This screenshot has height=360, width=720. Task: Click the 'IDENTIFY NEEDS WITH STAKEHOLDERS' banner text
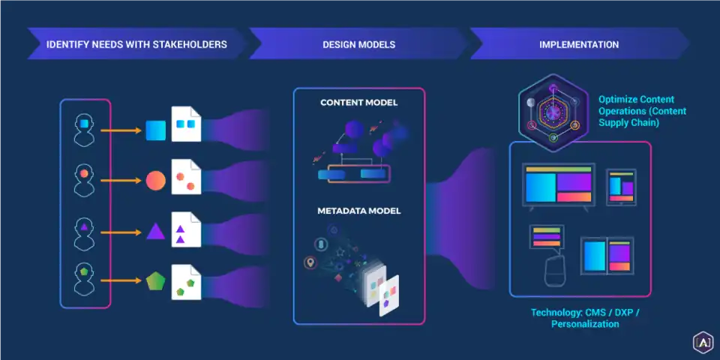click(x=136, y=44)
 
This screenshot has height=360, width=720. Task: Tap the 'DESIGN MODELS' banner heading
click(x=358, y=44)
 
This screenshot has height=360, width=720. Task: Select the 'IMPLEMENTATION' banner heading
click(x=579, y=44)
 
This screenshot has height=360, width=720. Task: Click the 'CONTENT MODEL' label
click(x=358, y=103)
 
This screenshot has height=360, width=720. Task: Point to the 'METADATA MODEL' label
click(x=358, y=211)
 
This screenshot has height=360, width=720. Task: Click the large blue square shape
click(x=155, y=130)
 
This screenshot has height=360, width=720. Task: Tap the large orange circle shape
click(x=155, y=181)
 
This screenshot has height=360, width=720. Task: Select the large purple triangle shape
click(x=155, y=231)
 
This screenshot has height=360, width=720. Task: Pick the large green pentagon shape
click(x=155, y=281)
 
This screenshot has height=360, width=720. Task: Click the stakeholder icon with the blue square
click(x=85, y=129)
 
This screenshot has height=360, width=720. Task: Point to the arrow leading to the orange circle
click(x=121, y=181)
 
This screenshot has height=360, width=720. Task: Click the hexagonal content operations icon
click(x=552, y=111)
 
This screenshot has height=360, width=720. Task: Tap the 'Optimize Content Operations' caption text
click(x=641, y=111)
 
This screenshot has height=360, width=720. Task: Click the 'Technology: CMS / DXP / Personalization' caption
click(x=585, y=318)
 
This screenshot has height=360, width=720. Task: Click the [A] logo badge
click(x=702, y=342)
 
